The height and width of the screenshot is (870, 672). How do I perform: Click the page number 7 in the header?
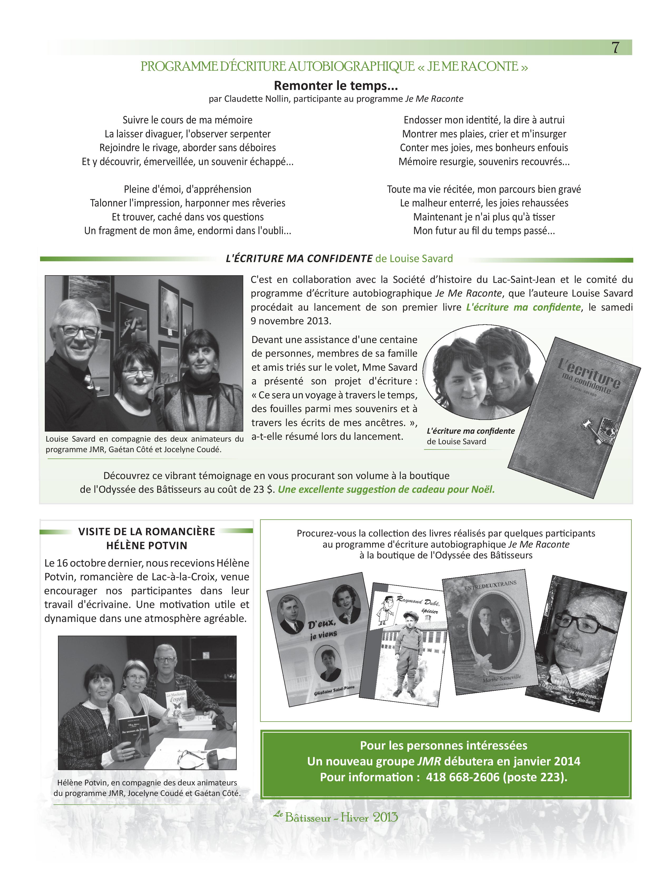pos(615,48)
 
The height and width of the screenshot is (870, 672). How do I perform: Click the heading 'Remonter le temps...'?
pos(335,86)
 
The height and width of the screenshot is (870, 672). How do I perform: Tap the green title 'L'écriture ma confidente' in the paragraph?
pos(523,307)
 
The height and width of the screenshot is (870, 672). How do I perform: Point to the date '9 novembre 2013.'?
pos(291,321)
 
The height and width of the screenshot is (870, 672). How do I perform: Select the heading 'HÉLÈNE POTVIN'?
pos(147,545)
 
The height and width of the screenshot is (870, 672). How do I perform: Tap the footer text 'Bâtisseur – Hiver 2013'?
pos(341,818)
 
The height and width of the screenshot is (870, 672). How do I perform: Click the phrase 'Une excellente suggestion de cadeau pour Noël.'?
pos(386,489)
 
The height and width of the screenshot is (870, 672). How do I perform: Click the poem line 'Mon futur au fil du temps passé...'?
pos(484,231)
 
